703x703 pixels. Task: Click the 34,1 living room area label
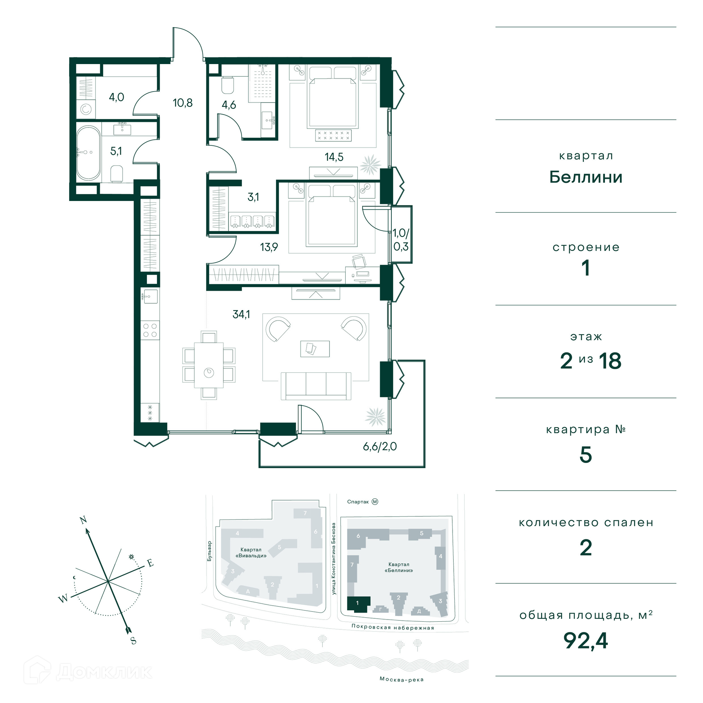tap(241, 314)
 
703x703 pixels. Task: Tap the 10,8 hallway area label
tap(183, 103)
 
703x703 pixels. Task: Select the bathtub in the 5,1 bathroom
tap(88, 153)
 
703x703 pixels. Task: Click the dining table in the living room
tap(209, 365)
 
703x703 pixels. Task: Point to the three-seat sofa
tap(316, 386)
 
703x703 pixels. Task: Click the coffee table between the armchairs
tap(315, 349)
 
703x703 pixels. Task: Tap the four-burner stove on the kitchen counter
tap(150, 330)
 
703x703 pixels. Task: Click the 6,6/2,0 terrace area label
tap(380, 447)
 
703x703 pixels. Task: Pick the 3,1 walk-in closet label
tap(253, 197)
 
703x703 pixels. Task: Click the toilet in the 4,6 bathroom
tap(228, 85)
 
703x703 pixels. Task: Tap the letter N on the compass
tap(83, 520)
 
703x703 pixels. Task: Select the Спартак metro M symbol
tap(375, 502)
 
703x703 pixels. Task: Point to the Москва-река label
tap(402, 680)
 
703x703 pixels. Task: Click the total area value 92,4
tap(585, 640)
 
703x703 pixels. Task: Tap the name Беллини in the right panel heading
tap(586, 177)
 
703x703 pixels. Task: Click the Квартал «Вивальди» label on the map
tap(251, 553)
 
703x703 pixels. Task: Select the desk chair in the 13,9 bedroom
tap(359, 261)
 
